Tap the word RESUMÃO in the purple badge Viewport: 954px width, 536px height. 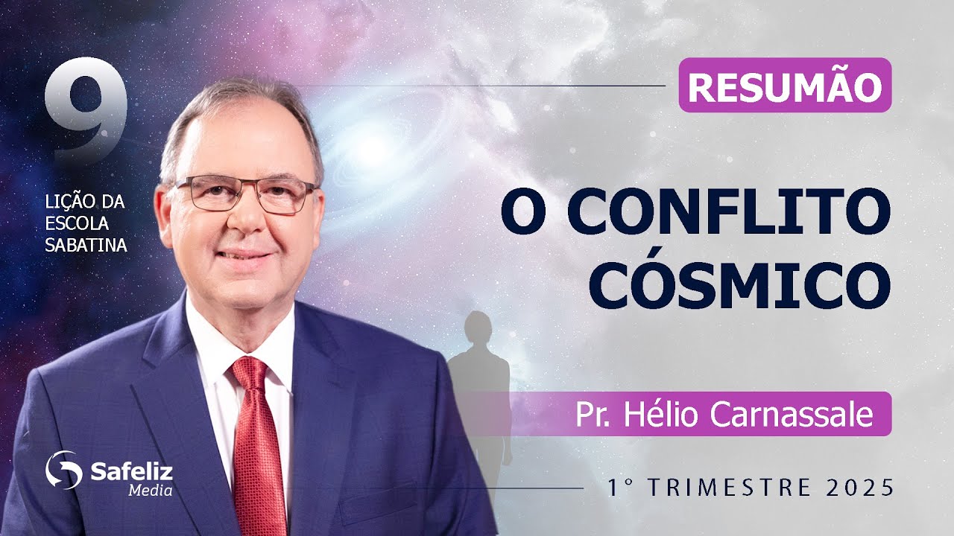tap(785, 86)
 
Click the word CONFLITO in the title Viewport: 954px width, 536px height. tap(729, 213)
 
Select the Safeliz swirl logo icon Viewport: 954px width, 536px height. tap(63, 470)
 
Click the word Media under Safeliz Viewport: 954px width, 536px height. tap(151, 490)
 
